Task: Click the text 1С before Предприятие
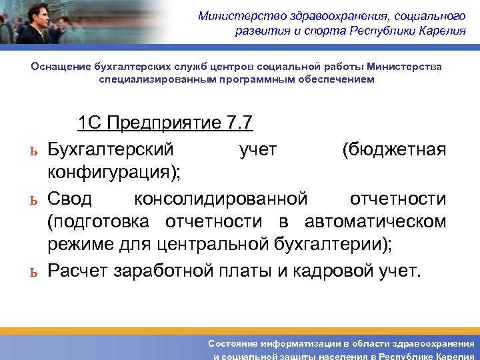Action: pos(90,123)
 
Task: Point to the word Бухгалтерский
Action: pos(111,149)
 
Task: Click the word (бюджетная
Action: pos(393,149)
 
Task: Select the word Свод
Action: pos(74,198)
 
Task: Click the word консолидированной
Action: pos(221,198)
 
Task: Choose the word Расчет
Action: pos(78,271)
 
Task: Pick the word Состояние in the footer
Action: pos(237,343)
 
